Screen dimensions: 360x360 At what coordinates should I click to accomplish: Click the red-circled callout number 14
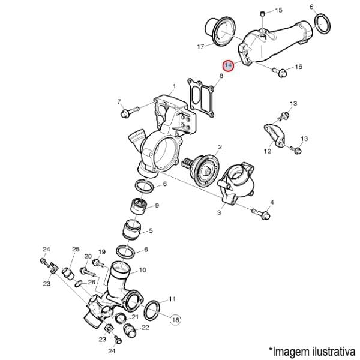(x=228, y=65)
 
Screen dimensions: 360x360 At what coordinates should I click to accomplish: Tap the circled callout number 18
(x=175, y=319)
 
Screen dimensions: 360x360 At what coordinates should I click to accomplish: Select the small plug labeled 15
(x=263, y=14)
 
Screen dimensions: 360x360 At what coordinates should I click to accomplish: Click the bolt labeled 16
(x=279, y=72)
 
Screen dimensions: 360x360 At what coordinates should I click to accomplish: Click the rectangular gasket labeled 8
(x=201, y=97)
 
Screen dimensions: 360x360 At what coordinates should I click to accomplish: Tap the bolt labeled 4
(x=260, y=214)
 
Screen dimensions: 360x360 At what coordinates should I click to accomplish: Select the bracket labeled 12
(x=274, y=134)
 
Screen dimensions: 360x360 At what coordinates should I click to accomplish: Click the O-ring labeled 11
(x=152, y=310)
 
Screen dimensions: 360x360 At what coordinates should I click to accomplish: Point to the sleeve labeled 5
(x=132, y=230)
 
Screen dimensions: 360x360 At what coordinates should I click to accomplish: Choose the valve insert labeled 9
(x=138, y=206)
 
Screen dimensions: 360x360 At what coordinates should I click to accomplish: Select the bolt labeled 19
(x=99, y=263)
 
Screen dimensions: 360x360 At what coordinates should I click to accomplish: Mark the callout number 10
(x=142, y=270)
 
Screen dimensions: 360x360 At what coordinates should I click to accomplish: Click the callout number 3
(x=219, y=212)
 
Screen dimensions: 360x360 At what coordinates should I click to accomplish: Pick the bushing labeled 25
(x=68, y=273)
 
